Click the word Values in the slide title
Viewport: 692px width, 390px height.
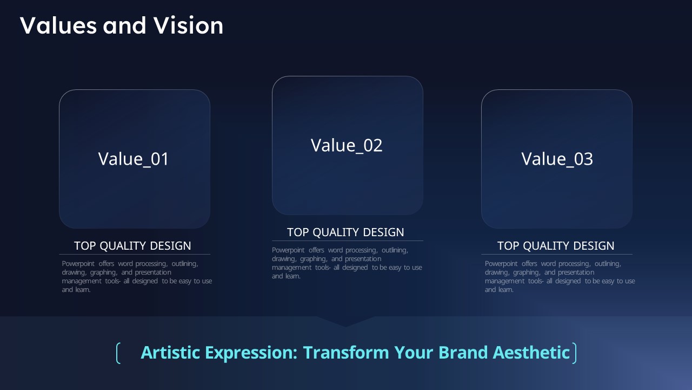[x=58, y=25]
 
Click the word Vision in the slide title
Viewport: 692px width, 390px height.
[x=189, y=25]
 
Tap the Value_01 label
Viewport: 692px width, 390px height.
[x=133, y=159]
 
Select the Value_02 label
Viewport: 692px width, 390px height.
[x=347, y=146]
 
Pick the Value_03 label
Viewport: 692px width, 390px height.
[x=557, y=159]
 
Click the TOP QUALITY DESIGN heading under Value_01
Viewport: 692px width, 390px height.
[x=132, y=246]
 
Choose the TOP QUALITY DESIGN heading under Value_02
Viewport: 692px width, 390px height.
[x=345, y=232]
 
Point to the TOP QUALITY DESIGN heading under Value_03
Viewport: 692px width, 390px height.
[x=556, y=246]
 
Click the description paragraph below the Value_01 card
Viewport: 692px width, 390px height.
[x=137, y=276]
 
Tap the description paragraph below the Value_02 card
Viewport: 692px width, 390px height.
[x=347, y=263]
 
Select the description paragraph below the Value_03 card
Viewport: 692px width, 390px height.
[x=560, y=276]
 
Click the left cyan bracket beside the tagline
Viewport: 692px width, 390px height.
[x=118, y=353]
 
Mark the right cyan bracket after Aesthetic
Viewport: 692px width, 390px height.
[x=574, y=353]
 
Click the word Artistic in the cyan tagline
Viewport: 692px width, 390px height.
[x=170, y=353]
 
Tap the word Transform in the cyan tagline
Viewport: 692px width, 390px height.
[x=346, y=353]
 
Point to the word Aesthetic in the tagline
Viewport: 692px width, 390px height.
[x=531, y=353]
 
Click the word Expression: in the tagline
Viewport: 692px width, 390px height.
[x=251, y=353]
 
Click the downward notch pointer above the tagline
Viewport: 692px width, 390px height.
[x=345, y=321]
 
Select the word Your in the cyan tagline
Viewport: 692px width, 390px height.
[x=414, y=353]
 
